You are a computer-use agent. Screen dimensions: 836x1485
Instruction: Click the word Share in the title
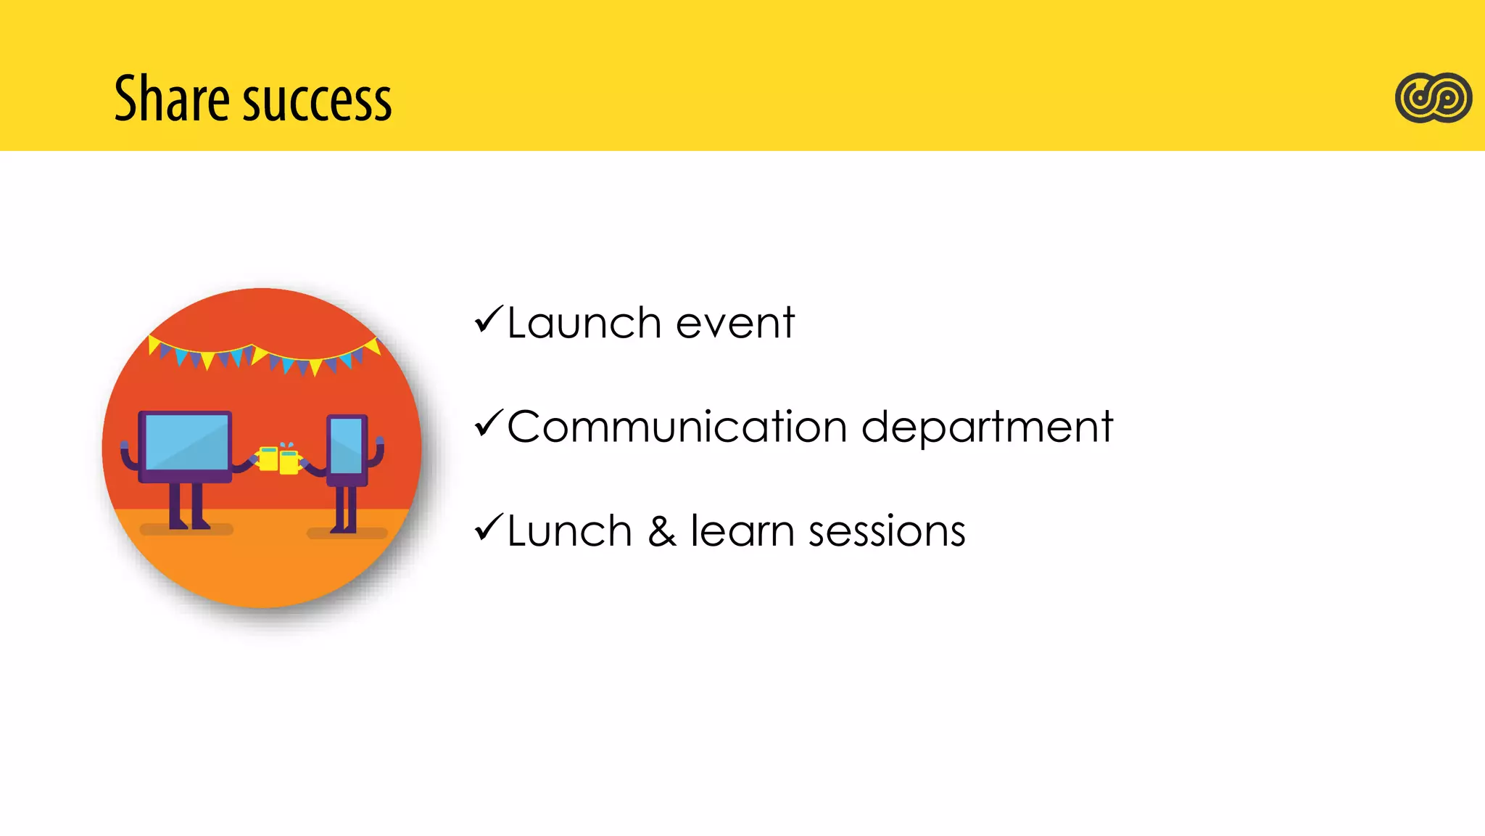click(172, 99)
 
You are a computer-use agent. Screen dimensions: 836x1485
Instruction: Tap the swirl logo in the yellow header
click(1433, 97)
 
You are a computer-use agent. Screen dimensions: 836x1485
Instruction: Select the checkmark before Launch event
click(489, 320)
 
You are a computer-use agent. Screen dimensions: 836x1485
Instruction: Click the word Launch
click(584, 323)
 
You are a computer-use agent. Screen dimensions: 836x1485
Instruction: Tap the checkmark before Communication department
click(489, 424)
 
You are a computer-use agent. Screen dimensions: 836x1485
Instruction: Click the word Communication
click(677, 427)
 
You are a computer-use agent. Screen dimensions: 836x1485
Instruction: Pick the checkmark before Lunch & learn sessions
click(489, 528)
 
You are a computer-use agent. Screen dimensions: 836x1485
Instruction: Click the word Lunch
click(569, 531)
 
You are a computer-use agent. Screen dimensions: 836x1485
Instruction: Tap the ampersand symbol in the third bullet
click(661, 531)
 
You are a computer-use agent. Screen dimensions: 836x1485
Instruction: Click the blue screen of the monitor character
click(186, 442)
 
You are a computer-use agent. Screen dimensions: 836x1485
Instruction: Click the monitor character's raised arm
click(128, 456)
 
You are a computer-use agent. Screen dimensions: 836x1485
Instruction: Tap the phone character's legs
click(345, 509)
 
